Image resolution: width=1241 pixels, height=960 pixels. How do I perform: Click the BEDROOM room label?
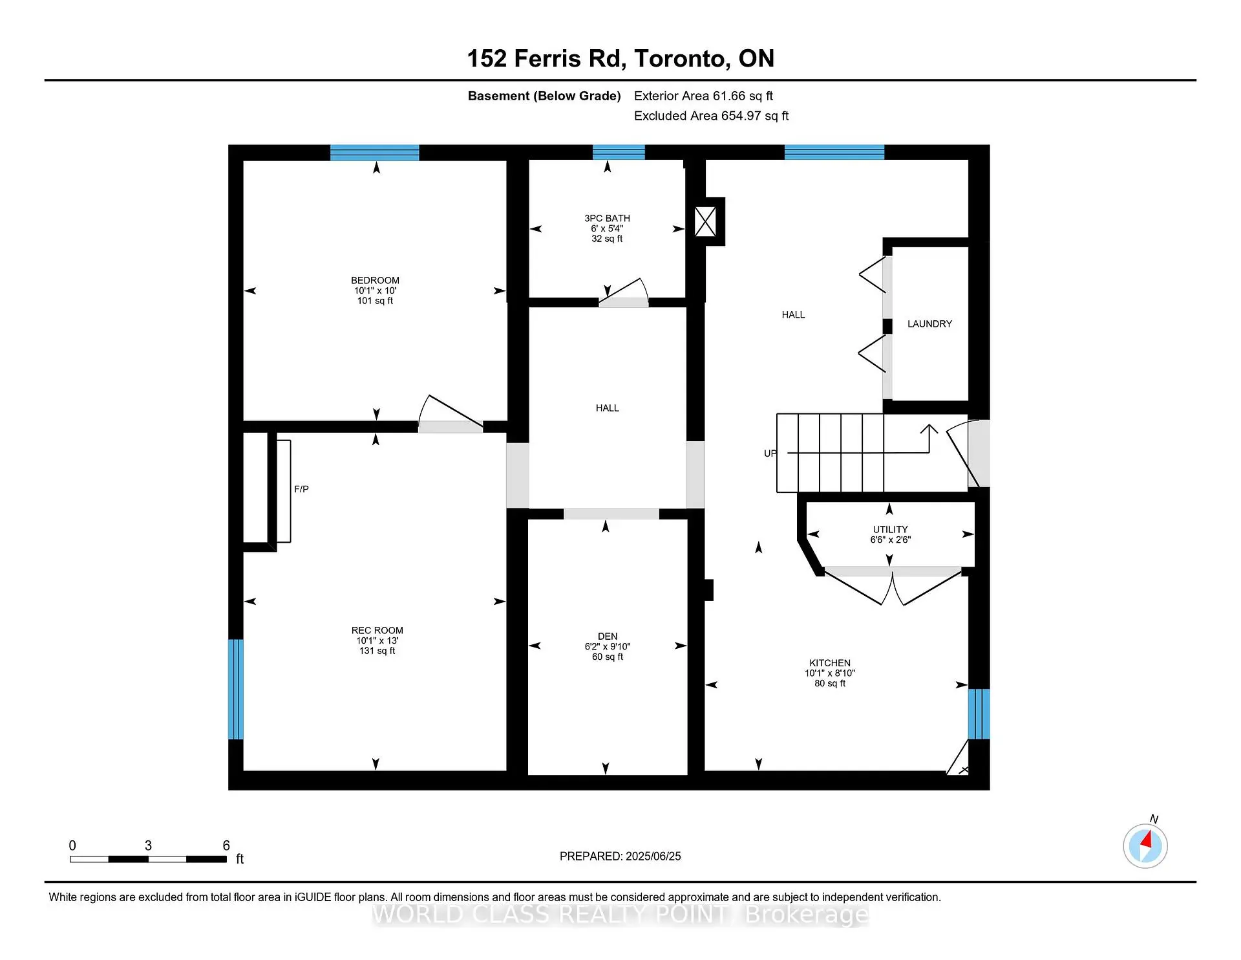[375, 281]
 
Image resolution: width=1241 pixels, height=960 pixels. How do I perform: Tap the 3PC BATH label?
[607, 219]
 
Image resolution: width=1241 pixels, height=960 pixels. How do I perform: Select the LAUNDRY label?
[929, 324]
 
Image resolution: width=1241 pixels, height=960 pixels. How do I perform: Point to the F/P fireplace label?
[301, 490]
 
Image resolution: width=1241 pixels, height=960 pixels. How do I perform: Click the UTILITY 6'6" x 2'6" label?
[890, 534]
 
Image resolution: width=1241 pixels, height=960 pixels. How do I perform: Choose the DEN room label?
[607, 637]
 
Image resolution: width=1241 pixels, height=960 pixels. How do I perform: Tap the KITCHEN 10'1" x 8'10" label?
[830, 673]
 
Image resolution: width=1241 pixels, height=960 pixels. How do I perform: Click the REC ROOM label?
[377, 631]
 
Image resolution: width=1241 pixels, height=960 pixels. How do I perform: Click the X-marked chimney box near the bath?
[705, 222]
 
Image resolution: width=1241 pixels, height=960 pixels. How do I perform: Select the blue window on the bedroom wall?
[374, 153]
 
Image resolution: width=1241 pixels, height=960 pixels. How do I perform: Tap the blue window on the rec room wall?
[236, 689]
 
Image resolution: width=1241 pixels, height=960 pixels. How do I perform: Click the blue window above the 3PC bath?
[619, 153]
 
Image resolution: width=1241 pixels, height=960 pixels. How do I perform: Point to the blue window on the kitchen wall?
[979, 714]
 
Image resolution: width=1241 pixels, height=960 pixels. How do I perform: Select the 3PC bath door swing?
[624, 292]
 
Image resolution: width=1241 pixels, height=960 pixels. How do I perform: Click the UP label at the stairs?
[770, 453]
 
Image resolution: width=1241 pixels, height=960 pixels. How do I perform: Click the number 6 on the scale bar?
[226, 845]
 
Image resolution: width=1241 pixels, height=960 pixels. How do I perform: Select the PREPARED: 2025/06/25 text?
[620, 856]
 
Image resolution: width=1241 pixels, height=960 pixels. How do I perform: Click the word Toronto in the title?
[682, 59]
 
